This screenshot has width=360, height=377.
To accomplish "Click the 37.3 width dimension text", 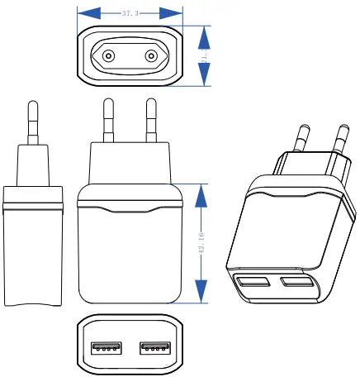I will point(130,14).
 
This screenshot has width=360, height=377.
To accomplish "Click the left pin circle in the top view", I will point(107,56).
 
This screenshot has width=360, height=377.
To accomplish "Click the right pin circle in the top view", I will point(151,56).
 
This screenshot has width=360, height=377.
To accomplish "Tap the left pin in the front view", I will point(107,121).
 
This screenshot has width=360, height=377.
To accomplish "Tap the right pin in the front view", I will point(150,121).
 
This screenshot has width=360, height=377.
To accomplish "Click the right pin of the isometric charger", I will point(339,141).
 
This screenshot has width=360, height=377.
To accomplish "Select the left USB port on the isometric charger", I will point(253,284).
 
